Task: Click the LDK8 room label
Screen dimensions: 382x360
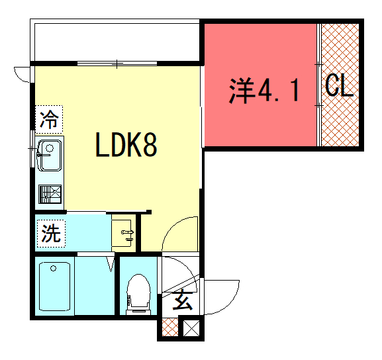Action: tap(126, 144)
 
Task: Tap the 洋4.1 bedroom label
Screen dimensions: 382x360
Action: tap(264, 91)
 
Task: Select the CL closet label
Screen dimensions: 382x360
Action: tap(340, 85)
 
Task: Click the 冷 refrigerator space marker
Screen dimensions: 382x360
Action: tap(49, 119)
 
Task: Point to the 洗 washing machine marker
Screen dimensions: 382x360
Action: tap(51, 234)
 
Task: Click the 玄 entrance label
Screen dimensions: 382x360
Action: tap(183, 300)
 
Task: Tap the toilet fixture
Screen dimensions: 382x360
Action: tap(138, 294)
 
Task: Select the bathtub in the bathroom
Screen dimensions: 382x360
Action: tap(54, 287)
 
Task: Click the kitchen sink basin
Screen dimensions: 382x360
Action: tap(50, 156)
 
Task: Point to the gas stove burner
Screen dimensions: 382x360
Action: tap(50, 195)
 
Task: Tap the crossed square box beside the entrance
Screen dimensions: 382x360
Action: tap(191, 328)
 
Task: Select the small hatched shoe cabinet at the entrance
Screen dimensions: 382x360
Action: tap(170, 327)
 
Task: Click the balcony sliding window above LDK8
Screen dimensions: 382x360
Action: tap(117, 64)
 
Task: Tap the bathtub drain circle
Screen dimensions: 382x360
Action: tap(54, 269)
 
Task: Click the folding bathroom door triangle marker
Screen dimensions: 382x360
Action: tap(111, 264)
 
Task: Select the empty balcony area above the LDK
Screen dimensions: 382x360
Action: tap(117, 42)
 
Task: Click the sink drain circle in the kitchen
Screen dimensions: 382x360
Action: tap(50, 148)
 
